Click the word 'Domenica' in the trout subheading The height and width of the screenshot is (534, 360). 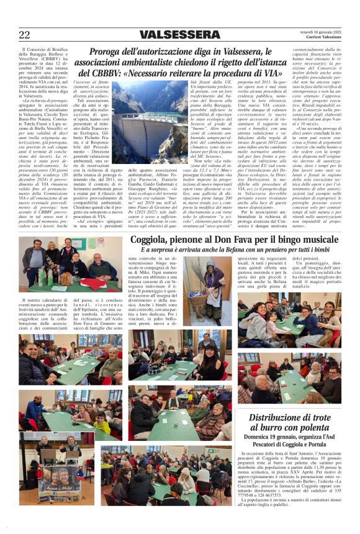(262, 438)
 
